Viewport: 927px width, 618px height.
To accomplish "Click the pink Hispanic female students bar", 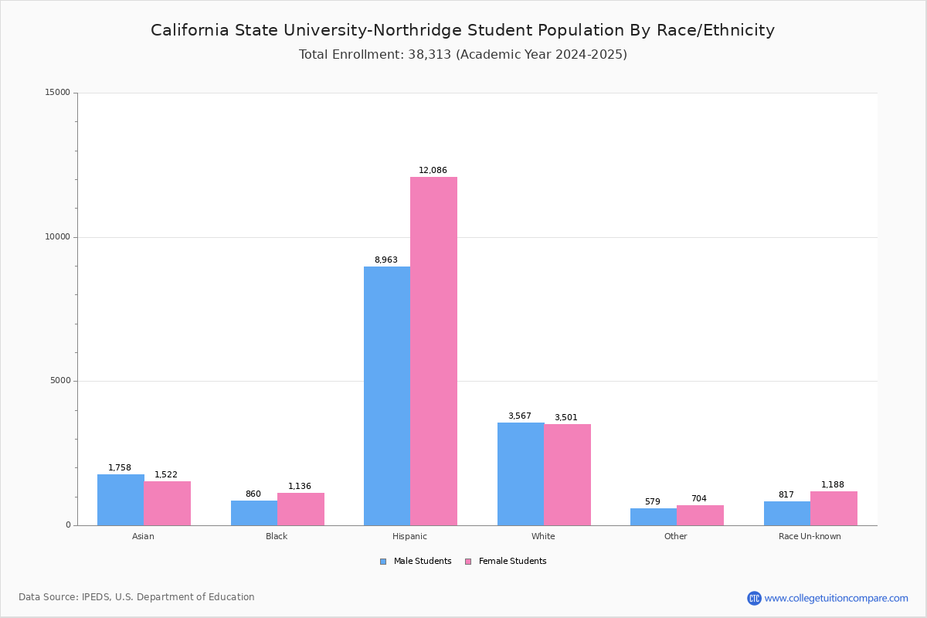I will [433, 351].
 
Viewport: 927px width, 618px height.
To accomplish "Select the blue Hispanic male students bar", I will [387, 396].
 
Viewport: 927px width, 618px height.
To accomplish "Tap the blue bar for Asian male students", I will [121, 500].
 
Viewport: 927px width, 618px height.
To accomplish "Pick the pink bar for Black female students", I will [301, 509].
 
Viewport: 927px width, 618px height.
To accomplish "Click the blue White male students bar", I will [521, 474].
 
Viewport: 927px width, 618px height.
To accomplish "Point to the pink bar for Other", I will [700, 515].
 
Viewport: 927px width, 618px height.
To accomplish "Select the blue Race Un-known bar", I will [787, 513].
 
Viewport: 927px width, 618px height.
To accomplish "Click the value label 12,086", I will [433, 170].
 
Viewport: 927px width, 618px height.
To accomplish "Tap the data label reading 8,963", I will [386, 260].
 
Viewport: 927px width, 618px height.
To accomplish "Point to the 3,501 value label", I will [565, 417].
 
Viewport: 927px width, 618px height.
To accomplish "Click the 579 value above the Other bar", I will [653, 501].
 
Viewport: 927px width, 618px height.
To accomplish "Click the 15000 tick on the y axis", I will [57, 93].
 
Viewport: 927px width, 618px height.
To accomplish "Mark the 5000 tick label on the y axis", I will [59, 381].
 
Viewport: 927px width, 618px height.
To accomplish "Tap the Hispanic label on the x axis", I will [409, 536].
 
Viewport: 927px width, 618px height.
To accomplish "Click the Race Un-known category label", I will [810, 536].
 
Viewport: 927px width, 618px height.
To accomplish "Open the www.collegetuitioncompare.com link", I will [836, 598].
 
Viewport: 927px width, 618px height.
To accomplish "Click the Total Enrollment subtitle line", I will [463, 55].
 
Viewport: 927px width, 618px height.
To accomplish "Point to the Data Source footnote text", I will [137, 597].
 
